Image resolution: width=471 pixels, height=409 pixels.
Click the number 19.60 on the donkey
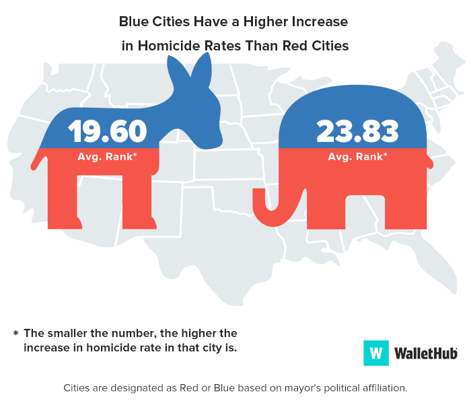pos(107,131)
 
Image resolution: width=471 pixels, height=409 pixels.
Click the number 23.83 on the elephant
pos(357,131)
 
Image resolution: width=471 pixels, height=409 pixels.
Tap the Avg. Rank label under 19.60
pos(107,157)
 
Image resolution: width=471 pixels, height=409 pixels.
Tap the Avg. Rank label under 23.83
pos(357,157)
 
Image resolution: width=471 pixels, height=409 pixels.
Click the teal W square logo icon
pos(376,352)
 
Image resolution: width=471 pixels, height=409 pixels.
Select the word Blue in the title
pos(133,22)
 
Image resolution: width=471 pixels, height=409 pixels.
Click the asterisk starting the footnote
pos(15,333)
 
